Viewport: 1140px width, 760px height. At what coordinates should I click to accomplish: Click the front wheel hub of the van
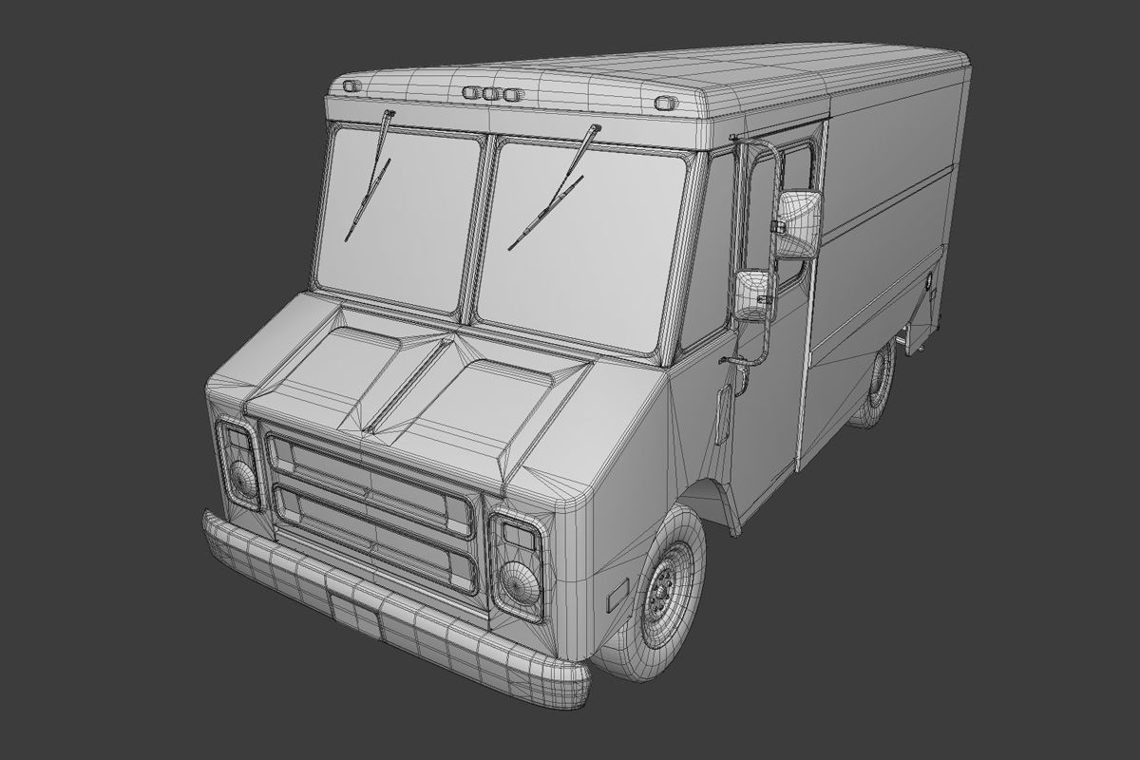[662, 591]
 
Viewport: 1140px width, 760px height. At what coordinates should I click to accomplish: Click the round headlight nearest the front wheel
[519, 581]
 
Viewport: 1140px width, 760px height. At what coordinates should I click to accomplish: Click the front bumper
[380, 608]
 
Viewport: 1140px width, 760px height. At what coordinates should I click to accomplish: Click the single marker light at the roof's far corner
[351, 86]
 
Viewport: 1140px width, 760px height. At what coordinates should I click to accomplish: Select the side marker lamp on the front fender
[618, 593]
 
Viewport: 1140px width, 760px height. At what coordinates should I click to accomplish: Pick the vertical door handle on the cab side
[724, 414]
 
